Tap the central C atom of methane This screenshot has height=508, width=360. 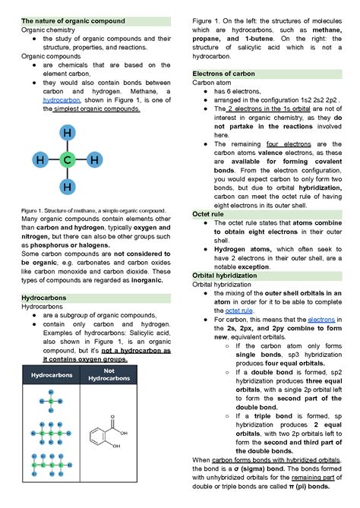[x=68, y=160]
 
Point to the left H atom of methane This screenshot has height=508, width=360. [x=40, y=160]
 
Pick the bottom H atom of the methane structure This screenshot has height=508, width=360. [x=68, y=187]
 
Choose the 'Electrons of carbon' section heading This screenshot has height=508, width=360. [x=224, y=73]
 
